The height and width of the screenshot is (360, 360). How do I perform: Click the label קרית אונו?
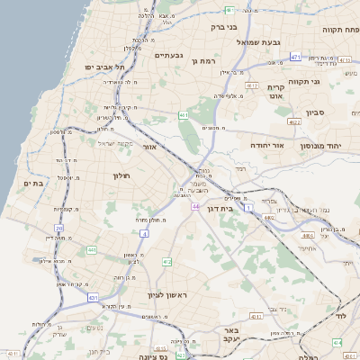tap(276, 91)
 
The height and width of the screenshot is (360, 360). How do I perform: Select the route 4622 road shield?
tap(294, 121)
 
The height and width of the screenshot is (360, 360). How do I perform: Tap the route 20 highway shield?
tap(59, 229)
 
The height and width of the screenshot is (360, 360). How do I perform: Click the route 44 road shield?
tap(195, 206)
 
